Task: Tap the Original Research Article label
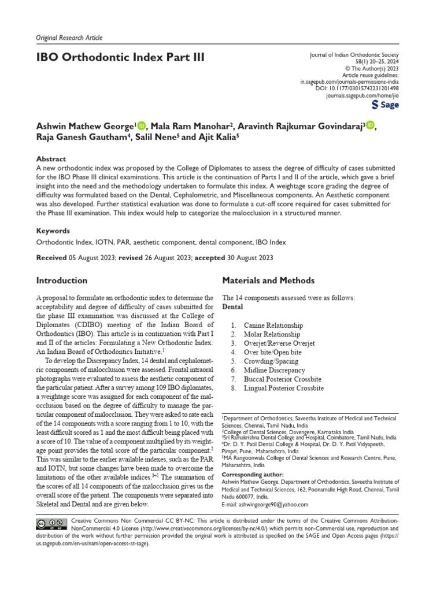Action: point(69,38)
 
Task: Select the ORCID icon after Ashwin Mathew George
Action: point(142,125)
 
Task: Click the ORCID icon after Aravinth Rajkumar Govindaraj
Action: point(370,125)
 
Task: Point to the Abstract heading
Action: point(51,159)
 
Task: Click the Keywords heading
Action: point(53,230)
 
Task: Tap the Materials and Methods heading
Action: point(268,280)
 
